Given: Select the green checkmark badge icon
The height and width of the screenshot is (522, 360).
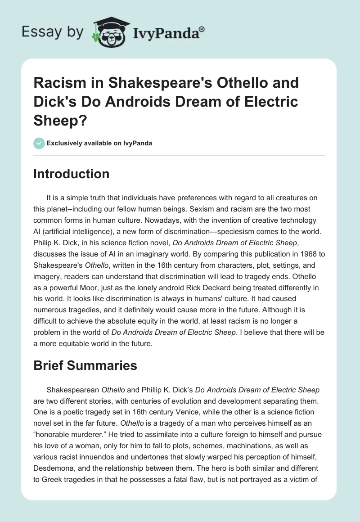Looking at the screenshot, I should pyautogui.click(x=39, y=143).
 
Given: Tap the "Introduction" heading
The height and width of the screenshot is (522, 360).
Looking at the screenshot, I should pyautogui.click(x=72, y=174).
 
